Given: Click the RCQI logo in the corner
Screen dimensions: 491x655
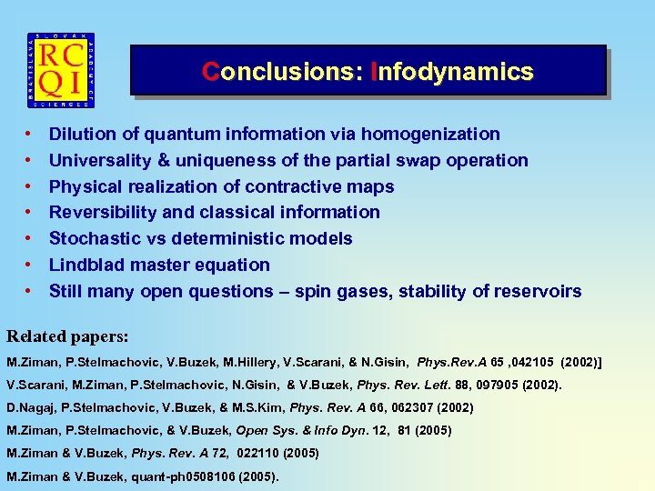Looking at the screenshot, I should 62,70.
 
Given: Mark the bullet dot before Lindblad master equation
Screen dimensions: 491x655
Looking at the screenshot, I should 29,266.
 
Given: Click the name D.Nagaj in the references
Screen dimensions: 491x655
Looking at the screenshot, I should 30,406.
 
